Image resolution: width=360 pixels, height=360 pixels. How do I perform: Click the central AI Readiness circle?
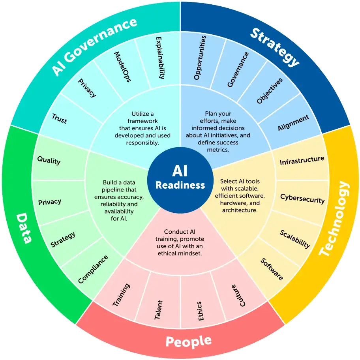coord(180,180)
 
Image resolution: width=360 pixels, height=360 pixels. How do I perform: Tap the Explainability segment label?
coord(160,58)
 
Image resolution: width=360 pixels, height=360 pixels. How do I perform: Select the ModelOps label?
coord(122,67)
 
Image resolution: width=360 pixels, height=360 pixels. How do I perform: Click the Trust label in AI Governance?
coord(59,118)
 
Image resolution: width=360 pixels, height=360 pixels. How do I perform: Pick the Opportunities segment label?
coord(200,58)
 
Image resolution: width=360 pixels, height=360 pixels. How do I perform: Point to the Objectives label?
coord(269,91)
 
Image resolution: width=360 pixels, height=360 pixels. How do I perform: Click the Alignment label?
coord(293,123)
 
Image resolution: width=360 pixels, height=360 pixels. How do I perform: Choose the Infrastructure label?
coord(302,161)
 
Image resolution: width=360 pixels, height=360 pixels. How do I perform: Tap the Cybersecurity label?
coord(302,199)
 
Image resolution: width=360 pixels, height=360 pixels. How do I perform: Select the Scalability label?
coord(295,239)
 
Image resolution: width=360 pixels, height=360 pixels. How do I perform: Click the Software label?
coord(272,269)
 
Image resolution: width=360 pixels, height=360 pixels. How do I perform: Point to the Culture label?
coord(238,296)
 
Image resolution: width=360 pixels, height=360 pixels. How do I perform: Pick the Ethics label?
coord(200,311)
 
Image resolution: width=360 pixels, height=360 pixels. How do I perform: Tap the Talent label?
coord(158,310)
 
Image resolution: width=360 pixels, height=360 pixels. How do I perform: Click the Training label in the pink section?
coord(121,295)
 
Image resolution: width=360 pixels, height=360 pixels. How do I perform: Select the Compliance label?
coord(93,269)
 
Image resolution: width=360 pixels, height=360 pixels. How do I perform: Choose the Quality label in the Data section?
coord(49,160)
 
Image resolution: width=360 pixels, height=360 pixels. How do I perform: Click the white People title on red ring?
coord(189,341)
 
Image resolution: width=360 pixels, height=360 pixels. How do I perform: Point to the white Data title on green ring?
coord(24,228)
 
